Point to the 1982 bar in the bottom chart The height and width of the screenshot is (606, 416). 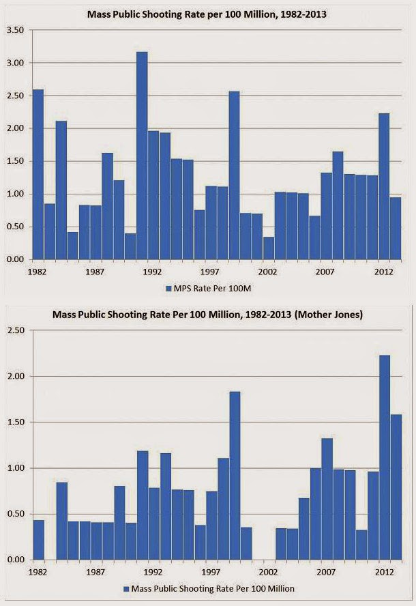(x=38, y=540)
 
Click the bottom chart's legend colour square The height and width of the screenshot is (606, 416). (x=126, y=588)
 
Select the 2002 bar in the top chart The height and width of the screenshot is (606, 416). (x=269, y=248)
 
